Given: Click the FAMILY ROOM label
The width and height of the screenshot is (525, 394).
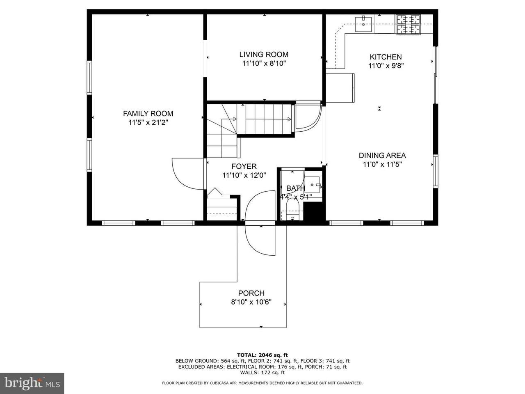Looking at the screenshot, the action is pos(148,113).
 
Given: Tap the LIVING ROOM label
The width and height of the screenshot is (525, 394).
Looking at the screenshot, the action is pos(264,54).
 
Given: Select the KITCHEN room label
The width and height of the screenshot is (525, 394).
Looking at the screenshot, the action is pos(386,57).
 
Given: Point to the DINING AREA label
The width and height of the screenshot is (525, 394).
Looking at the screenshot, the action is pos(382,156).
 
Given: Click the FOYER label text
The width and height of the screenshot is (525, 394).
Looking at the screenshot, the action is pos(244,166).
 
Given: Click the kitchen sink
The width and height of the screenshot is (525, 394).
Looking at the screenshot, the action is pos(363,24).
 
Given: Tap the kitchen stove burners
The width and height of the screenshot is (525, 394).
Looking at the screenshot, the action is pos(409,25).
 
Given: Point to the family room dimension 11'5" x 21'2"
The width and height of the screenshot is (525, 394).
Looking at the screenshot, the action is pos(148,123).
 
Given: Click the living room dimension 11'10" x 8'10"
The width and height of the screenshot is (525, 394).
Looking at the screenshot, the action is pos(264,64).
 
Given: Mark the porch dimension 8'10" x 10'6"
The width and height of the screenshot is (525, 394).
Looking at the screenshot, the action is pos(251,302).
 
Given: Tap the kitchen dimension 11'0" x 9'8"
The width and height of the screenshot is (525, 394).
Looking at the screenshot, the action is pos(386,66).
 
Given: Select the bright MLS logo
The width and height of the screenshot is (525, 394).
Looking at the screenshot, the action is pos(32,383).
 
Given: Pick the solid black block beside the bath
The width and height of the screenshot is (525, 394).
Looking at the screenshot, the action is pos(314,211).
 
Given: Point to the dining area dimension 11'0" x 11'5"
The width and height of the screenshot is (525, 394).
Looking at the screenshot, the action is pos(382,165).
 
